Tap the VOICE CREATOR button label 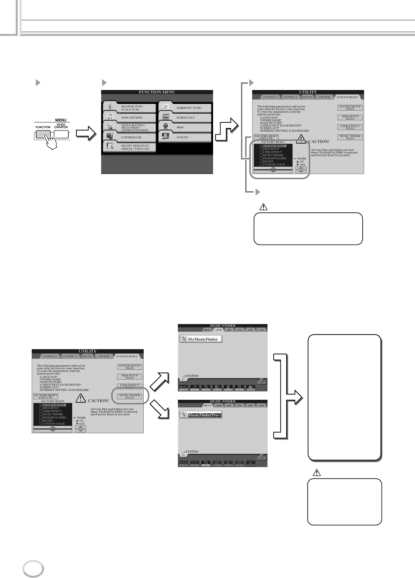[61, 126]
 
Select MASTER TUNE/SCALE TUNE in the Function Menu [129, 108]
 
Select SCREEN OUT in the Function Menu [186, 118]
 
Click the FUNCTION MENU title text [157, 92]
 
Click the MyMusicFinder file [201, 339]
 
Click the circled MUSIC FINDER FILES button [130, 397]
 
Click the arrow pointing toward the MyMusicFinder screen [160, 381]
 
